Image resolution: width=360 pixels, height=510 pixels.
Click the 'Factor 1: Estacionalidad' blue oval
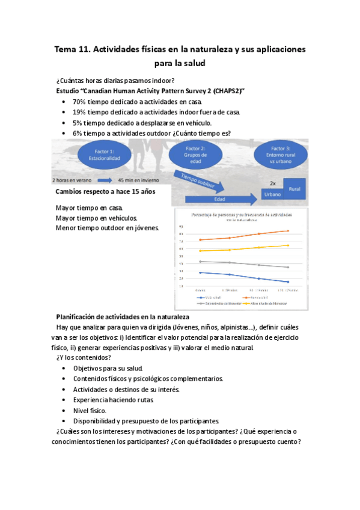(105, 153)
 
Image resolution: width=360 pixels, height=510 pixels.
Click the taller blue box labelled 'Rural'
(294, 188)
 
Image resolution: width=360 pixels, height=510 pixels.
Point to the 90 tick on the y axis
(181, 226)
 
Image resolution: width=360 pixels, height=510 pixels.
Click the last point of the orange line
(288, 231)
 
